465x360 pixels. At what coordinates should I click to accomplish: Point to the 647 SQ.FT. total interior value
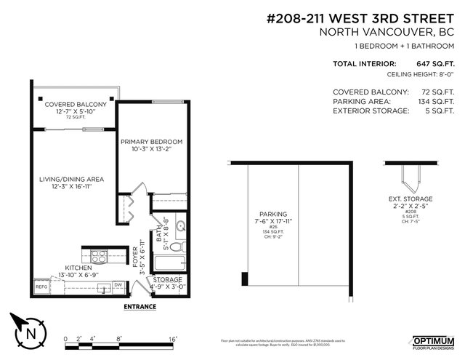pyautogui.click(x=434, y=64)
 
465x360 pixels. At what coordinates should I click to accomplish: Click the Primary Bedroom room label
pyautogui.click(x=151, y=141)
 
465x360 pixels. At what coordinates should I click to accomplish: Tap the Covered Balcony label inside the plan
pyautogui.click(x=76, y=105)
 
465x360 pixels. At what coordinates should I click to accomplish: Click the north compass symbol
pyautogui.click(x=27, y=332)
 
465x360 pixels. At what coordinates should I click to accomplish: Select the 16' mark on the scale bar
pyautogui.click(x=173, y=339)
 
